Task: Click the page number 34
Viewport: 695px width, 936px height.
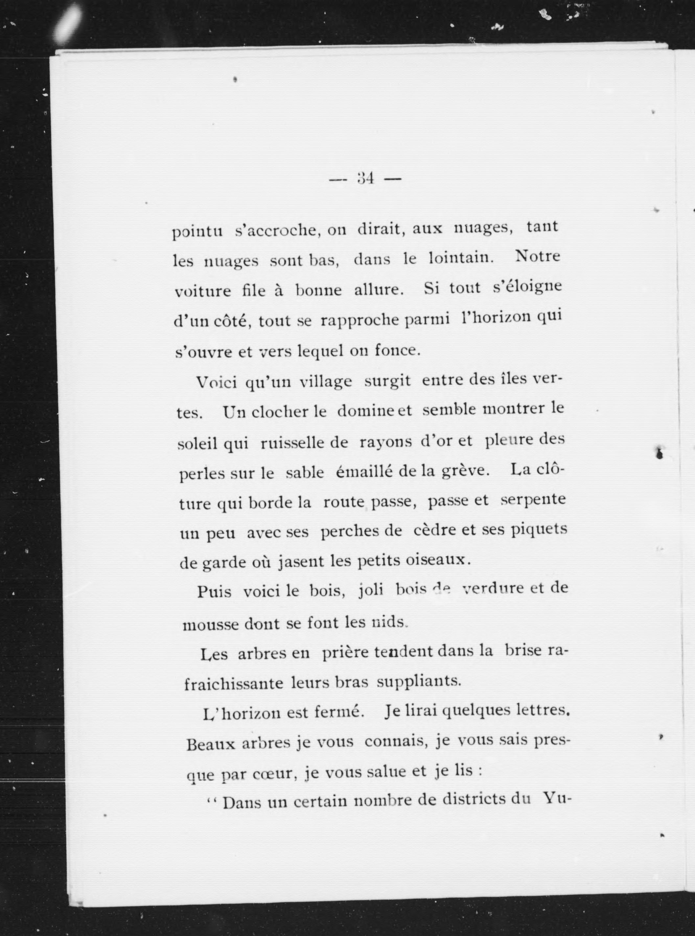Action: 365,178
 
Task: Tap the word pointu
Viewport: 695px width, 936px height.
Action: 197,232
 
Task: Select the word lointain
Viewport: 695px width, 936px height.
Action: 460,258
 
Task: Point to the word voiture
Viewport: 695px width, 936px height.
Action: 202,291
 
